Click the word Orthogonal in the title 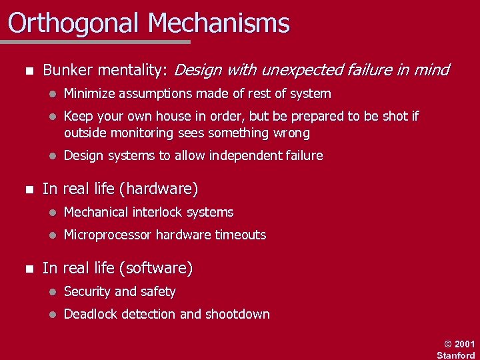pyautogui.click(x=74, y=23)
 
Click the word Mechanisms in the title pyautogui.click(x=219, y=23)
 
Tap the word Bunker pyautogui.click(x=66, y=70)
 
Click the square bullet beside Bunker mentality pyautogui.click(x=27, y=71)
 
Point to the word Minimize pyautogui.click(x=90, y=94)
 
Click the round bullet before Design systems pyautogui.click(x=49, y=157)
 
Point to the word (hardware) pyautogui.click(x=158, y=189)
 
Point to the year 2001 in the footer pyautogui.click(x=464, y=344)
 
